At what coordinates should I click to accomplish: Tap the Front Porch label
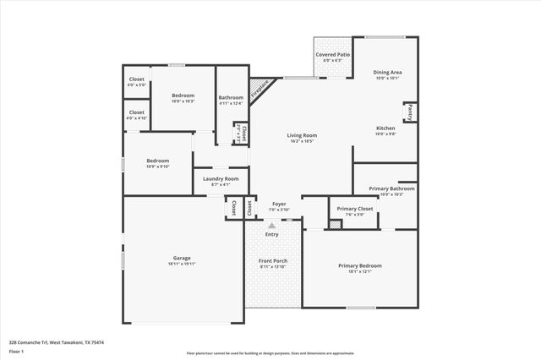(273, 261)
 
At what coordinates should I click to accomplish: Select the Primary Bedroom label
(360, 265)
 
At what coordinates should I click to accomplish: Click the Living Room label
(302, 135)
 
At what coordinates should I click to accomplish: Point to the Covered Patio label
(333, 54)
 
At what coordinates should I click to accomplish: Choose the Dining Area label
(388, 73)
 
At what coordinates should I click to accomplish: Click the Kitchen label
(385, 128)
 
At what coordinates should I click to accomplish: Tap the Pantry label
(410, 110)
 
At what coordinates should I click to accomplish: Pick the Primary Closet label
(355, 209)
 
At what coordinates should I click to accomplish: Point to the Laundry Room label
(220, 178)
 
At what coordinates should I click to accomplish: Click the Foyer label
(278, 204)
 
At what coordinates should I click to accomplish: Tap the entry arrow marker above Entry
(271, 226)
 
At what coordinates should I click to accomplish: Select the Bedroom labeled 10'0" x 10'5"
(183, 95)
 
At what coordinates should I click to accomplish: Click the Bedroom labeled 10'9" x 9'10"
(158, 161)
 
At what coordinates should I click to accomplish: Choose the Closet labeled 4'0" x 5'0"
(136, 79)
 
